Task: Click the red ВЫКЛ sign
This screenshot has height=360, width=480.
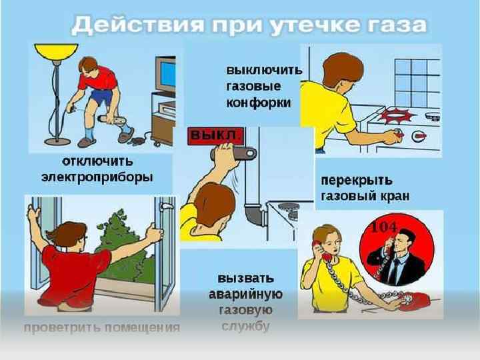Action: pyautogui.click(x=216, y=136)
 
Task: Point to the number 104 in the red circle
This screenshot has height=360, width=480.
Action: pyautogui.click(x=384, y=227)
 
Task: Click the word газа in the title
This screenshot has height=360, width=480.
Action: pyautogui.click(x=397, y=25)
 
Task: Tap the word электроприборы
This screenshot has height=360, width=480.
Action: pyautogui.click(x=97, y=177)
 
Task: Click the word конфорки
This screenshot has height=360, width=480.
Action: pyautogui.click(x=259, y=103)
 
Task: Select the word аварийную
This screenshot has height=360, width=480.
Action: pyautogui.click(x=245, y=295)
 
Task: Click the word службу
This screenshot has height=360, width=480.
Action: pyautogui.click(x=245, y=326)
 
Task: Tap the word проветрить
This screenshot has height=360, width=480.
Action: pyautogui.click(x=62, y=328)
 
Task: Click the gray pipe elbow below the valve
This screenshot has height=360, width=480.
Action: pyautogui.click(x=254, y=214)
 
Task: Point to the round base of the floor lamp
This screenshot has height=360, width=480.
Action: pyautogui.click(x=57, y=142)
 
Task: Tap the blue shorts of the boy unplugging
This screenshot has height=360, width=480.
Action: pyautogui.click(x=101, y=96)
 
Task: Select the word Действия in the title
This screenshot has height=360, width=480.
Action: pyautogui.click(x=138, y=25)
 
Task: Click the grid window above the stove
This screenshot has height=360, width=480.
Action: pyautogui.click(x=417, y=83)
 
